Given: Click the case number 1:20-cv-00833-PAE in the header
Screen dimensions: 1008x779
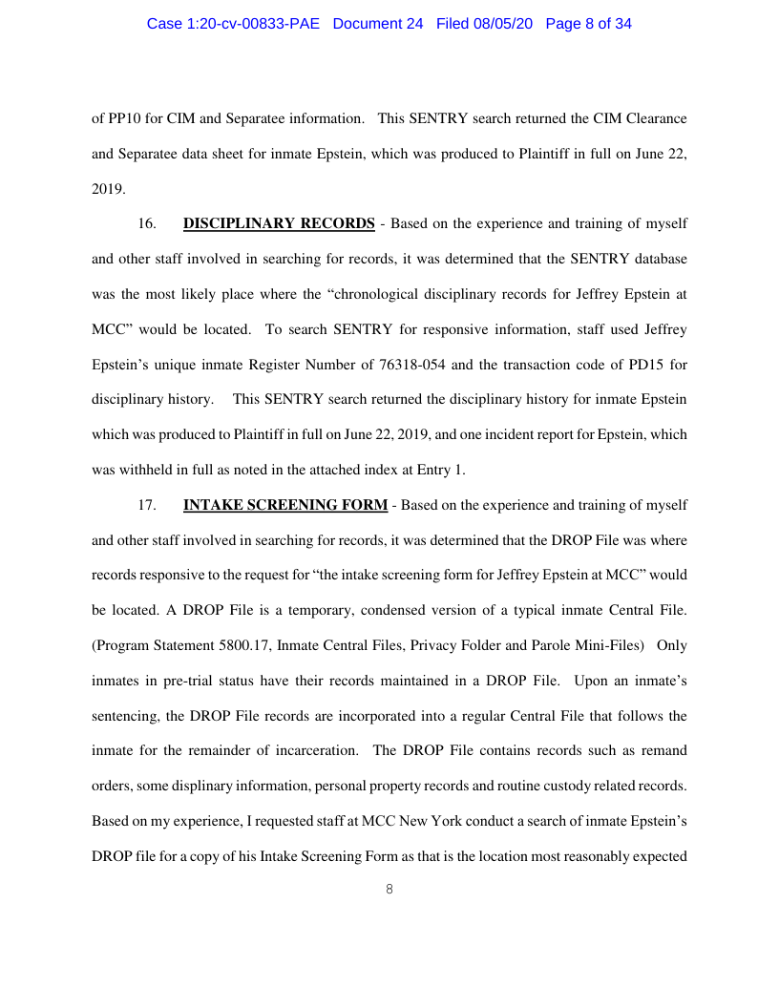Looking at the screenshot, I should (235, 24).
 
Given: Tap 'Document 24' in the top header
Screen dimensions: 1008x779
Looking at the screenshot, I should (378, 24).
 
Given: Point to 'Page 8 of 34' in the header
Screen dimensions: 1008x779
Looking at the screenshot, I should (588, 24).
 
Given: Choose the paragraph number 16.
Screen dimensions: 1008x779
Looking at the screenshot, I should (147, 224).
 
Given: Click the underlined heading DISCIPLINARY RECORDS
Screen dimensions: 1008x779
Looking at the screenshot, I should (279, 224).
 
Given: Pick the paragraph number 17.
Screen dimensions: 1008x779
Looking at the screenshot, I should (147, 505).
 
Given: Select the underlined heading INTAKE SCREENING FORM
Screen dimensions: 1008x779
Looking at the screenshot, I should (285, 505).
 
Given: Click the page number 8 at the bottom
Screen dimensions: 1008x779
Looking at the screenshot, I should (389, 889).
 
